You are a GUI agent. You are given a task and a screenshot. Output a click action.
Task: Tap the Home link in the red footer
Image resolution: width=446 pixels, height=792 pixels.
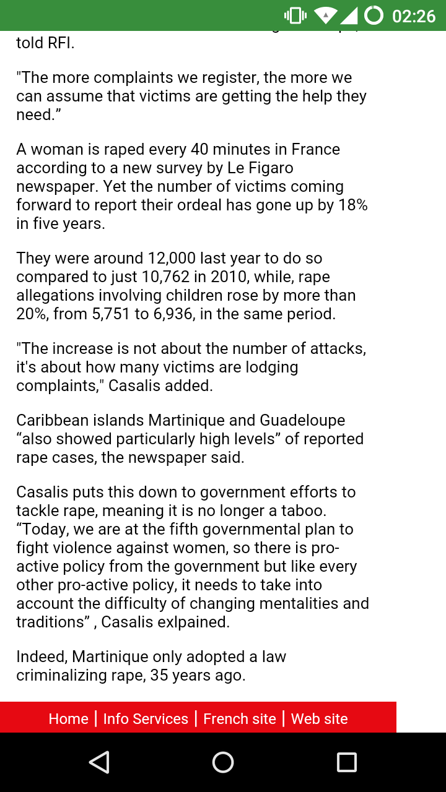tap(68, 718)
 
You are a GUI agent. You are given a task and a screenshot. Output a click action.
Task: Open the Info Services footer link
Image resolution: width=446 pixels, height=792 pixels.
tap(146, 718)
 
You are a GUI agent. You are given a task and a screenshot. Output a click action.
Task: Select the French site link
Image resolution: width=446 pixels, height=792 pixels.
tap(240, 718)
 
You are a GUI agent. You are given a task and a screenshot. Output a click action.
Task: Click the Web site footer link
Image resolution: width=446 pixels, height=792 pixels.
tap(319, 718)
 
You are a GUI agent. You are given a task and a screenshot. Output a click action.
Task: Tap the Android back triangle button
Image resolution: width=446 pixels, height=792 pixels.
tap(99, 762)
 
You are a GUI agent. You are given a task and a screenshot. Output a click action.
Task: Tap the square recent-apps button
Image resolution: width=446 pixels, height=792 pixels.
tap(346, 762)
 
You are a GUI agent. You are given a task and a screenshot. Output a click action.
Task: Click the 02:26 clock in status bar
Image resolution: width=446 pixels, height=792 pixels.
tap(414, 15)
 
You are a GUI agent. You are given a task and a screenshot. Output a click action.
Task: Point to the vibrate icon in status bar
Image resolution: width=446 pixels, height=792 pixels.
tap(295, 15)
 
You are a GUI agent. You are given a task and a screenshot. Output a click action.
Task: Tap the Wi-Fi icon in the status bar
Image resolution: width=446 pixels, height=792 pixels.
tap(326, 15)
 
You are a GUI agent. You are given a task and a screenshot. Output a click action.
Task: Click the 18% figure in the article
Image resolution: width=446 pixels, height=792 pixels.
tap(353, 205)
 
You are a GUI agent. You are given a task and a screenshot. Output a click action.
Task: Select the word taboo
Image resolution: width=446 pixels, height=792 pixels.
tap(304, 510)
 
